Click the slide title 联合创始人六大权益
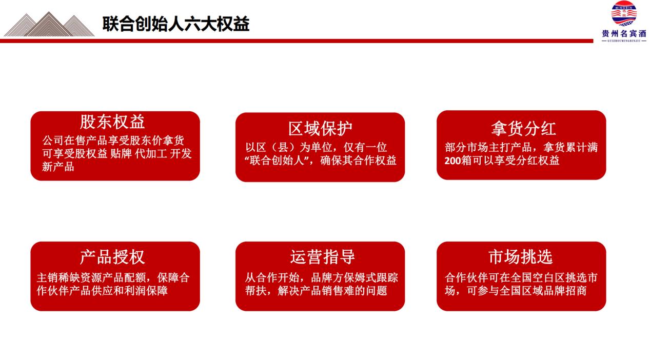click(x=175, y=24)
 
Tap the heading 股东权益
click(x=112, y=122)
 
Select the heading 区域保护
click(x=320, y=128)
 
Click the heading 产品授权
click(x=112, y=256)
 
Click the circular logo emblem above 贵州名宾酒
click(x=624, y=14)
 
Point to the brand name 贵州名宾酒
click(x=624, y=33)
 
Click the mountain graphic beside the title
click(x=49, y=24)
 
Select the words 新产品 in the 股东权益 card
click(x=58, y=167)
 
